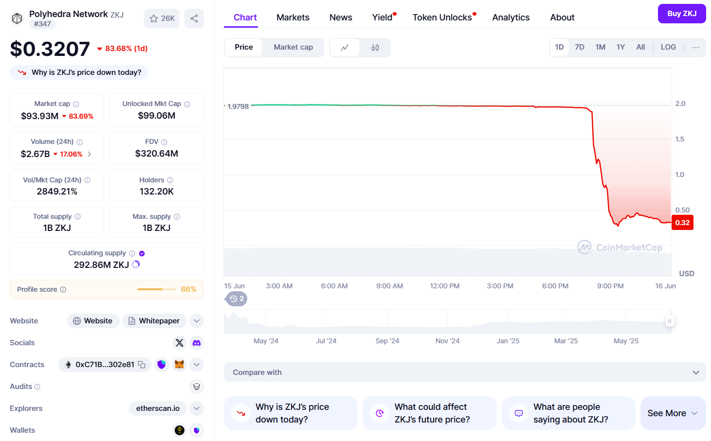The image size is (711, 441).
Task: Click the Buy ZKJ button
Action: pos(681,14)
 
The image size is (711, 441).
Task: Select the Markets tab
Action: pos(292,18)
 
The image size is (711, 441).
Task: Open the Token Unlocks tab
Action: pos(442,18)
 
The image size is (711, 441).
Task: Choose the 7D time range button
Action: pos(579,47)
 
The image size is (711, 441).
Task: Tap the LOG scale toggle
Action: pos(668,47)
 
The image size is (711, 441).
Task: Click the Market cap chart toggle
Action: pos(293,47)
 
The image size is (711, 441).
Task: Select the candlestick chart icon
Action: pos(375,48)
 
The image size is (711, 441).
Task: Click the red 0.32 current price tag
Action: pos(682,223)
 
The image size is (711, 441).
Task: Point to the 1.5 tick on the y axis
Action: pos(679,139)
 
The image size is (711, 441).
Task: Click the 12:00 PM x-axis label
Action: pos(444,286)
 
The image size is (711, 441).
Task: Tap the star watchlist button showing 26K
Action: pos(162,18)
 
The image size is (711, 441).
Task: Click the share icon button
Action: pos(194,18)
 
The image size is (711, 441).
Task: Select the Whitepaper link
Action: pos(154,321)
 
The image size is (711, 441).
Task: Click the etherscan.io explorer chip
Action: pos(158,408)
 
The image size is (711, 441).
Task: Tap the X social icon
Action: pos(180,343)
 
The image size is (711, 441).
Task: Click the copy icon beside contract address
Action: pos(142,365)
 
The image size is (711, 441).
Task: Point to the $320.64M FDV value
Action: pos(156,154)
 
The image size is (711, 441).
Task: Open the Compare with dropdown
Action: pos(465,372)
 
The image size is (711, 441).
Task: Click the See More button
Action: pos(673,413)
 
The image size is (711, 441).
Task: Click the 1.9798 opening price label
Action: pos(238,106)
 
